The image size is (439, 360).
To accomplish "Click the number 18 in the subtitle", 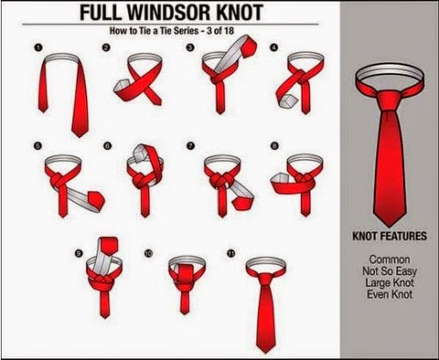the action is pyautogui.click(x=229, y=31).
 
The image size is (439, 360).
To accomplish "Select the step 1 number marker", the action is pyautogui.click(x=37, y=47).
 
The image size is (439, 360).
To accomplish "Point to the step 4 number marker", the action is pyautogui.click(x=274, y=47).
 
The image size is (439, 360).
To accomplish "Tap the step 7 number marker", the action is pyautogui.click(x=191, y=146).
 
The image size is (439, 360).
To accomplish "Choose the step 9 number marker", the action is pyautogui.click(x=78, y=254).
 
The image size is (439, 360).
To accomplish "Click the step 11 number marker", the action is pyautogui.click(x=231, y=253).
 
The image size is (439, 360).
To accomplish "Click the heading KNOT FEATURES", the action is pyautogui.click(x=390, y=236).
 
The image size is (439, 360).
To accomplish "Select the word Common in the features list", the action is pyautogui.click(x=389, y=259).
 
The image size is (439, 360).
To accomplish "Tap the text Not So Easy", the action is pyautogui.click(x=389, y=271).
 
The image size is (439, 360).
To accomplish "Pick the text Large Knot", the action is pyautogui.click(x=389, y=283).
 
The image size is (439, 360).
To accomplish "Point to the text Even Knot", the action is pyautogui.click(x=390, y=294).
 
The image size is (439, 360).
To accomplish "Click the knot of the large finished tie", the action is pyautogui.click(x=389, y=101).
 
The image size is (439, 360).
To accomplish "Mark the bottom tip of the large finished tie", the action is pyautogui.click(x=389, y=227).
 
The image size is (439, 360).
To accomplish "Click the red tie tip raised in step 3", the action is pyautogui.click(x=248, y=47).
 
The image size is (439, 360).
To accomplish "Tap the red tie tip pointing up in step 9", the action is pyautogui.click(x=109, y=245).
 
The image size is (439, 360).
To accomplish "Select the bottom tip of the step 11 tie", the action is pyautogui.click(x=266, y=349).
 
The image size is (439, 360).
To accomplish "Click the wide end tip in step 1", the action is pyautogui.click(x=79, y=133).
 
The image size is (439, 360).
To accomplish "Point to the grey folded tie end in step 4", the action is pyautogui.click(x=289, y=101).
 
